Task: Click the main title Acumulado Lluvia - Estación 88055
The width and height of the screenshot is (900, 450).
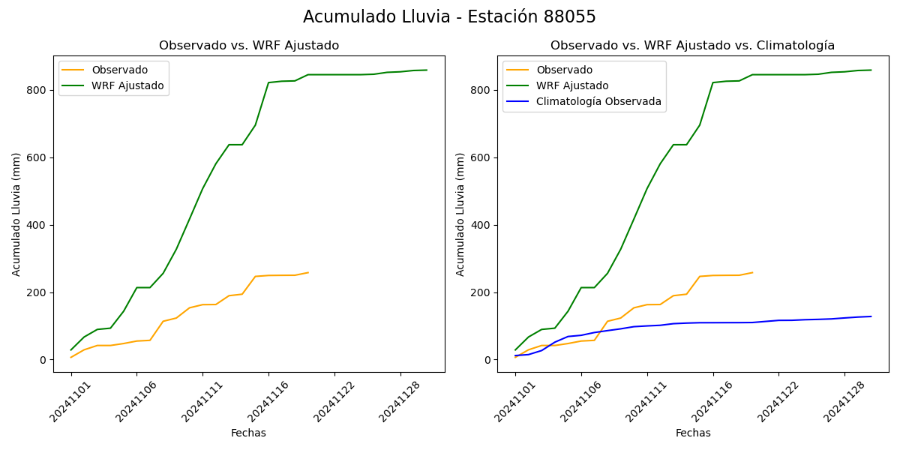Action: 449,17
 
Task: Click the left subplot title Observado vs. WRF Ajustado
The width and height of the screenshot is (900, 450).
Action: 249,46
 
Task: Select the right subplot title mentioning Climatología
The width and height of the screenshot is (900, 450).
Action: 692,46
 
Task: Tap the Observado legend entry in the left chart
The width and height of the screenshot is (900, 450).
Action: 119,70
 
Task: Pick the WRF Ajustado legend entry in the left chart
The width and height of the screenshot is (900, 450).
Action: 127,85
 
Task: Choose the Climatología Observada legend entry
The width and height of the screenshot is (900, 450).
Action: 598,101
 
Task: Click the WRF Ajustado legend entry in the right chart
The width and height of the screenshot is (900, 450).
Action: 572,85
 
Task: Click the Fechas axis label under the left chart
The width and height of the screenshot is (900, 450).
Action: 248,433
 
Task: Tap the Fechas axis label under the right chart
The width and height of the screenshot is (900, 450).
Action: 693,433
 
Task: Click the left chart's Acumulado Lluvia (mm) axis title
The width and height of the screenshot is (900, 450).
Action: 16,214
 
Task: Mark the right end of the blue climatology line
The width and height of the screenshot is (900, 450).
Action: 871,316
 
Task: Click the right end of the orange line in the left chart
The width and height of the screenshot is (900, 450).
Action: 308,272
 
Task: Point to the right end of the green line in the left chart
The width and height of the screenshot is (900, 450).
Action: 427,70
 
